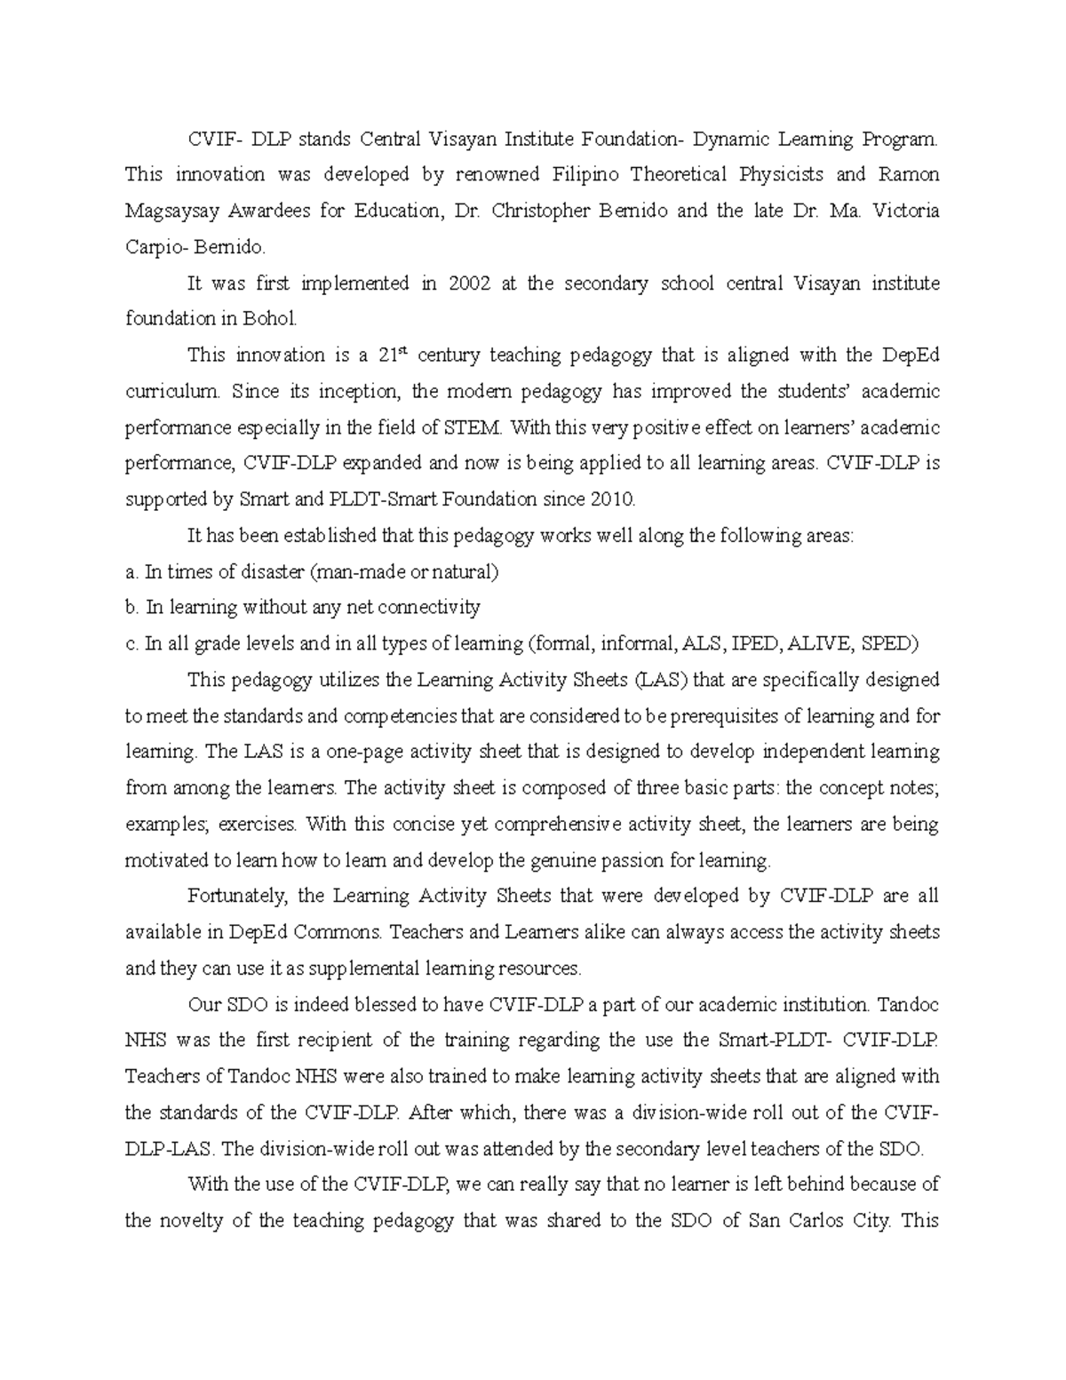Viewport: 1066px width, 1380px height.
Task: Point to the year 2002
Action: coord(472,283)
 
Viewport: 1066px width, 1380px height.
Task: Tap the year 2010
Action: coord(611,499)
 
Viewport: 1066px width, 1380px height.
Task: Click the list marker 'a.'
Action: coord(131,571)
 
